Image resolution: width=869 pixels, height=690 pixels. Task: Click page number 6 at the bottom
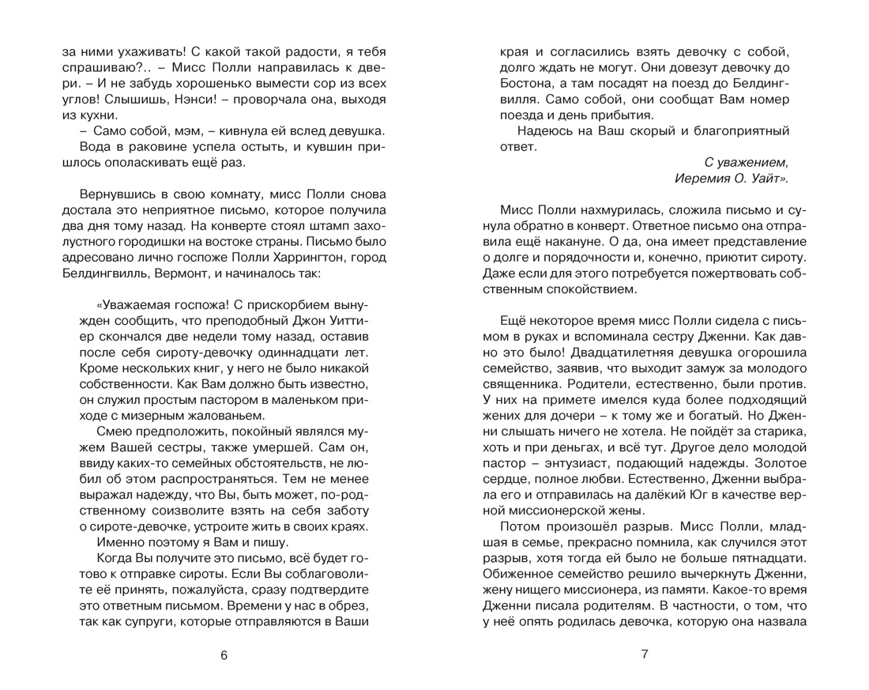(x=224, y=654)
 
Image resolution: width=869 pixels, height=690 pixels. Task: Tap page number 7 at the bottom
(x=644, y=654)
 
